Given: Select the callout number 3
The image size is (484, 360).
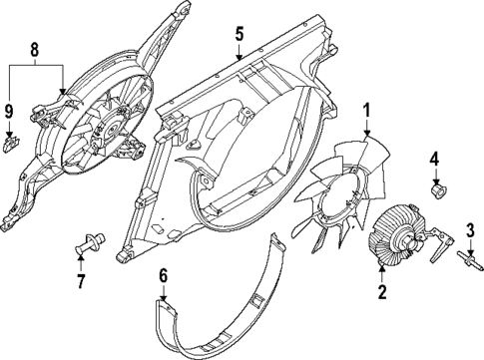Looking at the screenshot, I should (467, 232).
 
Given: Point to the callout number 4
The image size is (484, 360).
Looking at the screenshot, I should (434, 158).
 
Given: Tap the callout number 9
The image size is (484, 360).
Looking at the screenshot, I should (9, 113).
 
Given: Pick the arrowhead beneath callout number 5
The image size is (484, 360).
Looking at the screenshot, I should (239, 61).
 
